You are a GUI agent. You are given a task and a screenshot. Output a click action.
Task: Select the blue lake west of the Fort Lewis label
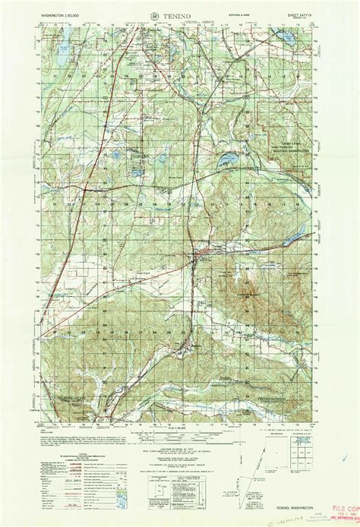pyautogui.click(x=226, y=160)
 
